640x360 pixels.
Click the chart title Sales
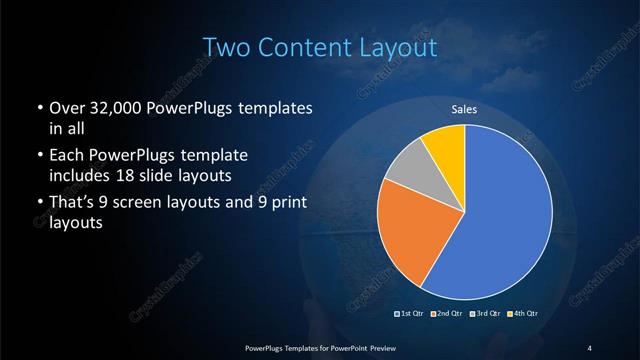[464, 108]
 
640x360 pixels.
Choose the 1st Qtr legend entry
[412, 314]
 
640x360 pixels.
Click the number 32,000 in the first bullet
[111, 107]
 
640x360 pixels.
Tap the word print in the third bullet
[284, 204]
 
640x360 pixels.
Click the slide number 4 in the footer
[590, 347]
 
